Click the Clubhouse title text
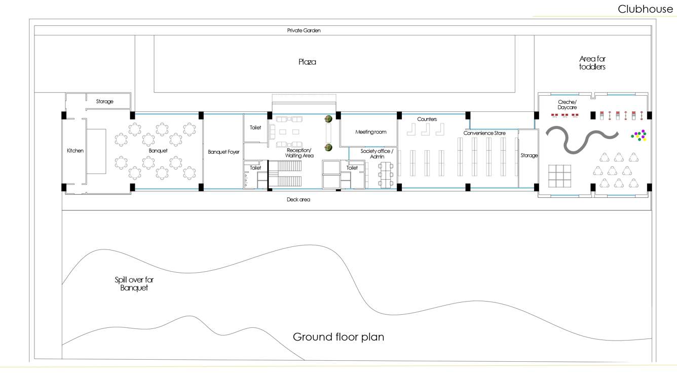pyautogui.click(x=645, y=9)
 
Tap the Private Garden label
pyautogui.click(x=304, y=30)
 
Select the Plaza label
pyautogui.click(x=307, y=62)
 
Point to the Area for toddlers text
pyautogui.click(x=592, y=63)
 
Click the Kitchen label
pyautogui.click(x=75, y=151)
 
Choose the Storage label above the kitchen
pyautogui.click(x=105, y=102)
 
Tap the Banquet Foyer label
pyautogui.click(x=223, y=152)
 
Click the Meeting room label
pyautogui.click(x=370, y=132)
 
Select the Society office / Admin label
pyautogui.click(x=377, y=154)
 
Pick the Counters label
pyautogui.click(x=427, y=119)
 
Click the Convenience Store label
pyautogui.click(x=484, y=134)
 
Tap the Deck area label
pyautogui.click(x=298, y=200)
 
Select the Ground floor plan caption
pyautogui.click(x=338, y=337)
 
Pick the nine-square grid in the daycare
pyautogui.click(x=559, y=176)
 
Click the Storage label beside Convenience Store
pyautogui.click(x=529, y=155)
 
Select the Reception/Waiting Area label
pyautogui.click(x=300, y=153)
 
